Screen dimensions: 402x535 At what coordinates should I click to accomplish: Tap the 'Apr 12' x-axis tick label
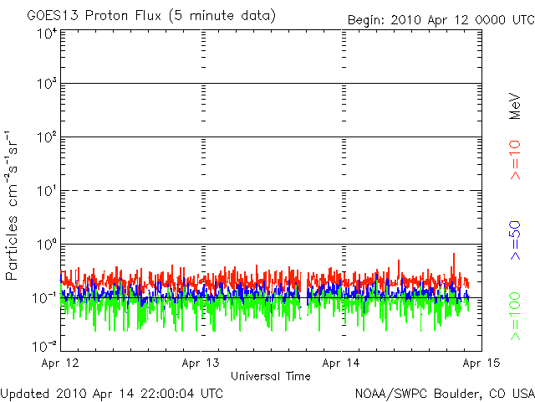click(61, 363)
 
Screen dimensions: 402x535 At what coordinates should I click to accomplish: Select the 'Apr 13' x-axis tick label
click(202, 363)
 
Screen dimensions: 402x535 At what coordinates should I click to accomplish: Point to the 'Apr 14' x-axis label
click(342, 363)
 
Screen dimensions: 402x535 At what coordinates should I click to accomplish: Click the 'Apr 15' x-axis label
click(481, 363)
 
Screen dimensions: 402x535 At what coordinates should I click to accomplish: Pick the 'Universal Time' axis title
click(272, 376)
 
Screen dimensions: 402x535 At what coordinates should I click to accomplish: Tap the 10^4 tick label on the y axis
click(45, 33)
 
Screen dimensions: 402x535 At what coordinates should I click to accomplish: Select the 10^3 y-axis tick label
click(45, 85)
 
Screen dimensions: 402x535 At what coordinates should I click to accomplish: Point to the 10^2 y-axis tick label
click(45, 137)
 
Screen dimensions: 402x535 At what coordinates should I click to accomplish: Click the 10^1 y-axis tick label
click(45, 191)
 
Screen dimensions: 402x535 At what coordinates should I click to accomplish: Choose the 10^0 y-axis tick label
click(45, 245)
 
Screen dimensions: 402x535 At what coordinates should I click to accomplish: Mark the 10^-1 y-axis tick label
click(43, 298)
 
